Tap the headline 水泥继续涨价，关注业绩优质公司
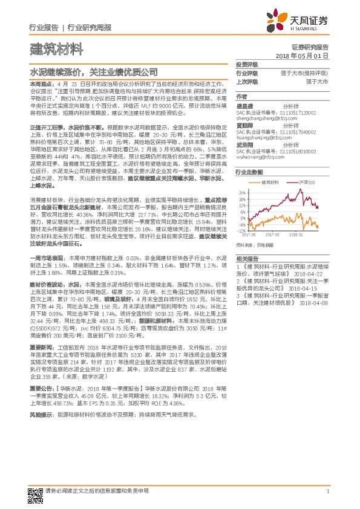point(93,71)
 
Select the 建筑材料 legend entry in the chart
point(270,181)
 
